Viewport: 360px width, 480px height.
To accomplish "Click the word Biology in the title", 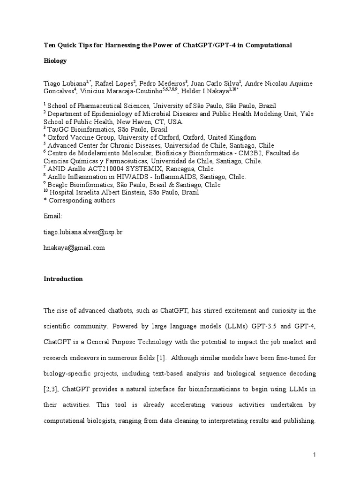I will click(55, 61).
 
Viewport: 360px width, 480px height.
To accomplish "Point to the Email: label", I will click(53, 216).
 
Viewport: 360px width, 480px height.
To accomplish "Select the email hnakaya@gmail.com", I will click(74, 248).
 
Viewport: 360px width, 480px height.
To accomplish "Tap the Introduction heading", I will click(63, 279).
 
